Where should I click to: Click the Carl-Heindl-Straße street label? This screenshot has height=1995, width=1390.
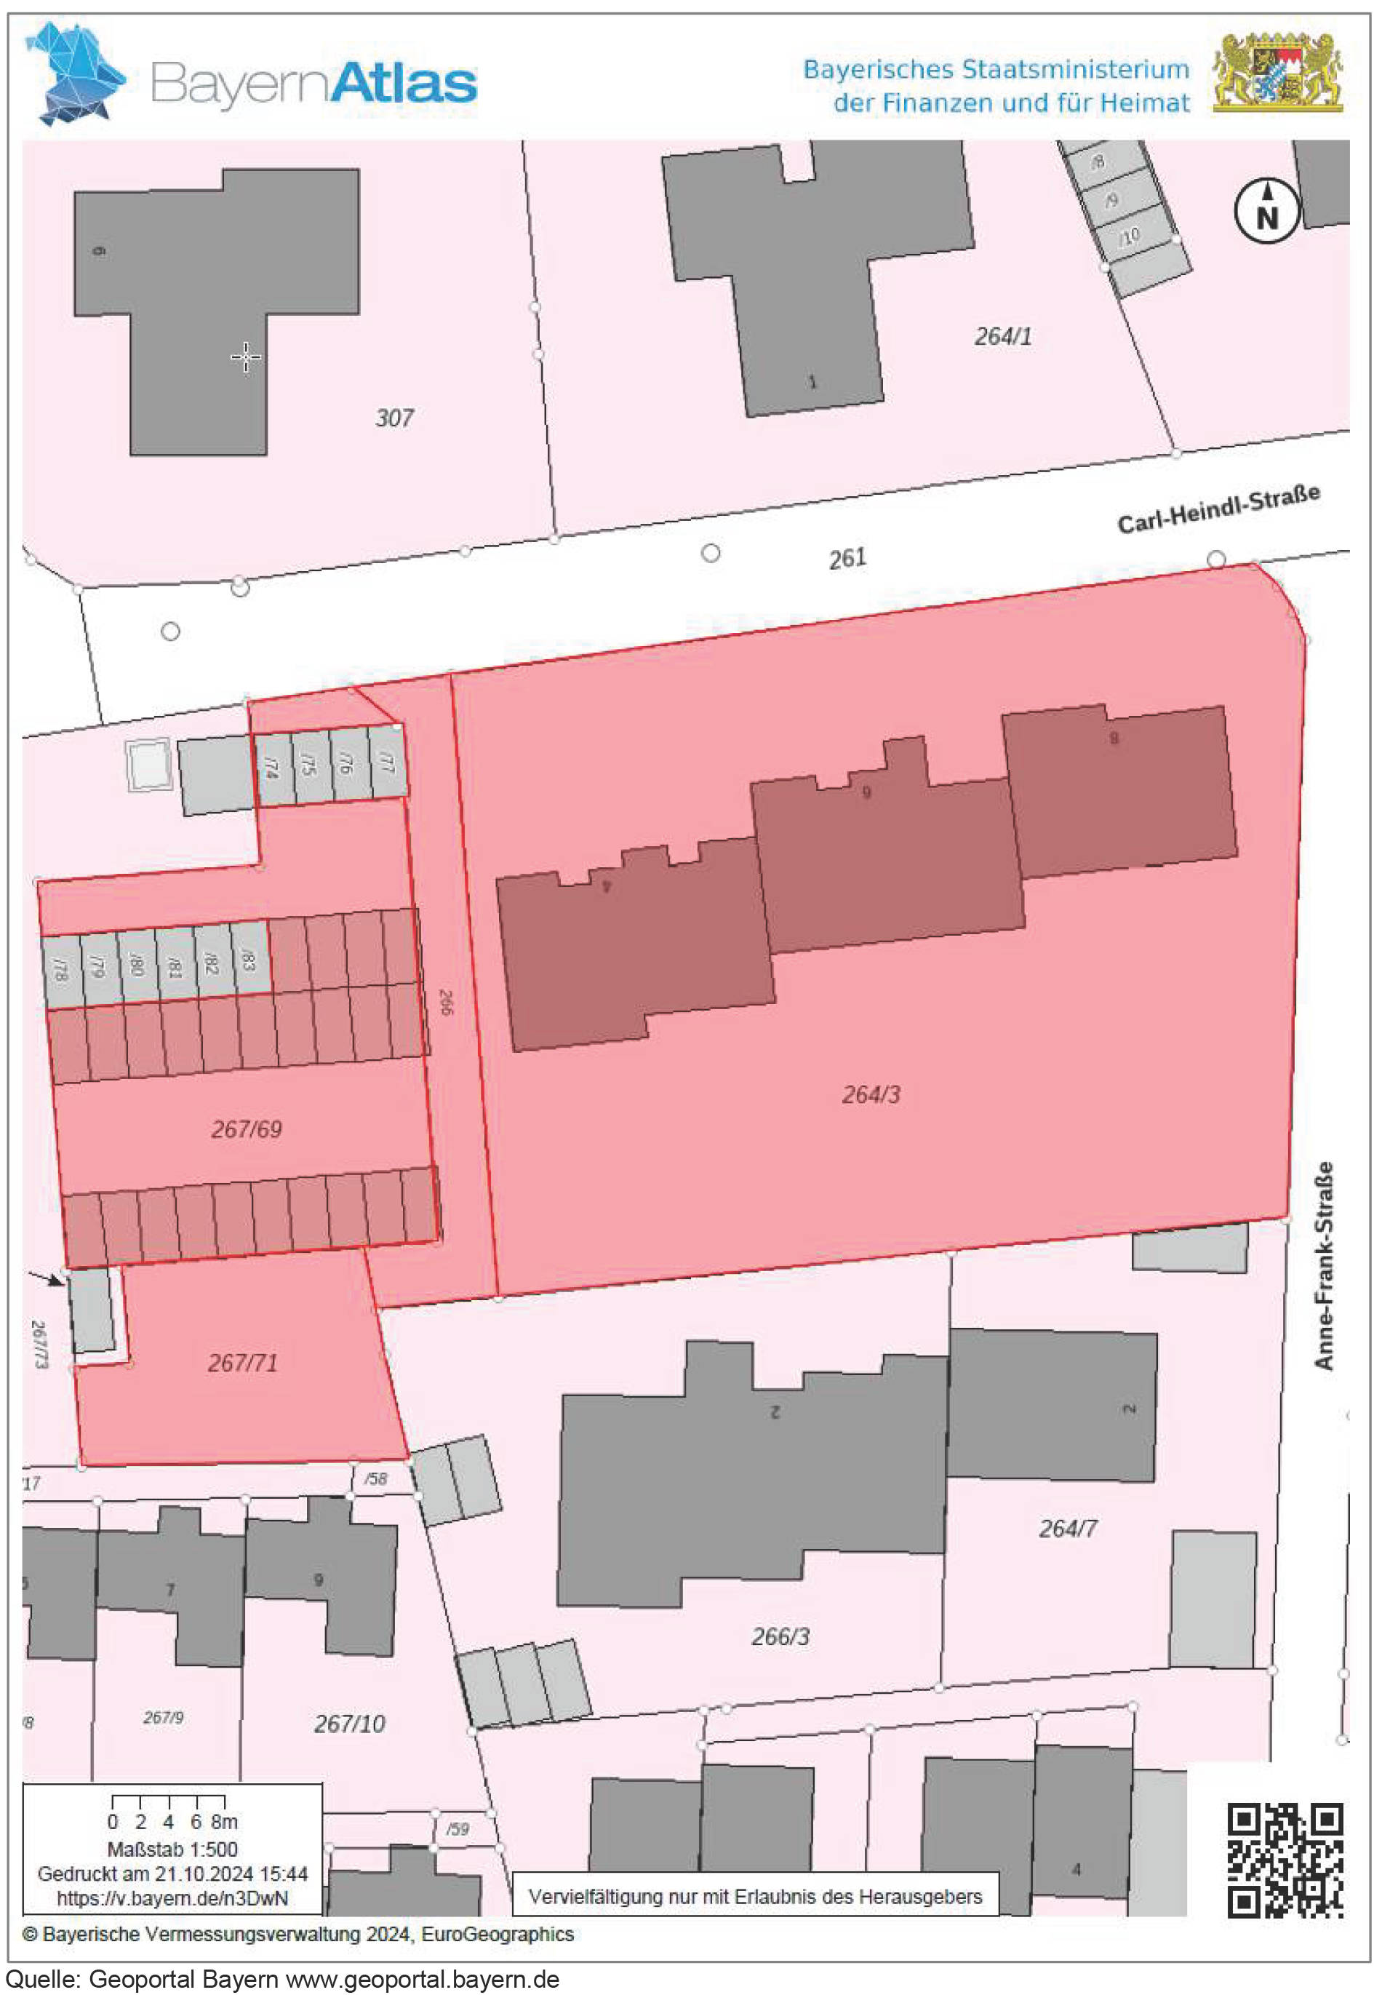1218,509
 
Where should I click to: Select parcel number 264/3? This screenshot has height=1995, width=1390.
871,1095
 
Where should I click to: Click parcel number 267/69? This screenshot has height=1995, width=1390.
247,1130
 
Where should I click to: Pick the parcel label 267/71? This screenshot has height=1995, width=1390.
242,1363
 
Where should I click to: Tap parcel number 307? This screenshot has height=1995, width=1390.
394,418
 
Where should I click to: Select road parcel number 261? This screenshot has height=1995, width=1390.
847,558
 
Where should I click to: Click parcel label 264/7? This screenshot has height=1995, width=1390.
1068,1529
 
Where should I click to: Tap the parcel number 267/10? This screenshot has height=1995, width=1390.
349,1724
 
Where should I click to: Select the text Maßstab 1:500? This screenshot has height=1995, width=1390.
172,1848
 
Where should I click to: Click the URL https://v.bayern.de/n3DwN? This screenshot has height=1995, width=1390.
172,1898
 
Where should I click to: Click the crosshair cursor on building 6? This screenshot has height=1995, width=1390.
246,357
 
